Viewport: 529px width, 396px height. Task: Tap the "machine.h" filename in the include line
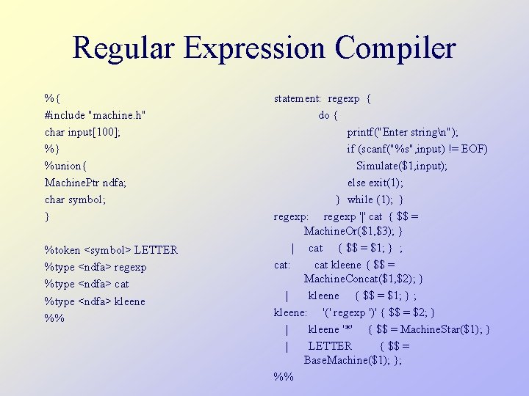117,114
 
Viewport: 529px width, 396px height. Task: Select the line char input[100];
83,132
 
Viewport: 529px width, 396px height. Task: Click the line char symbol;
76,199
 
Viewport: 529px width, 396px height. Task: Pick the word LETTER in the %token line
156,250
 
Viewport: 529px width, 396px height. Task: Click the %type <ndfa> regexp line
96,267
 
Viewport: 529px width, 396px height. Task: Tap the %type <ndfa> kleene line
95,301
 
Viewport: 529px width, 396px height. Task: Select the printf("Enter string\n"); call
403,132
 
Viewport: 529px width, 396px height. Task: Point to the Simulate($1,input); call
402,166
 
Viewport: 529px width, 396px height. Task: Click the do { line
328,115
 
